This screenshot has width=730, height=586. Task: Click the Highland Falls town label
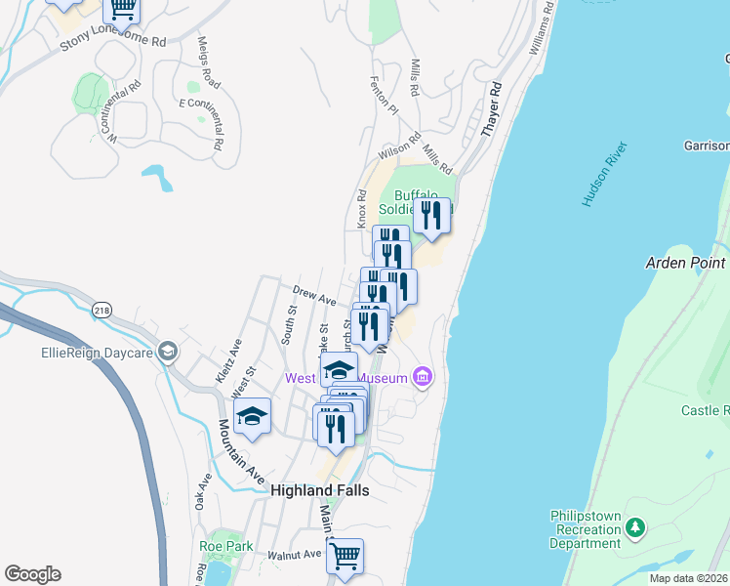[319, 490]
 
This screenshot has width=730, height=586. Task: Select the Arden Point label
[686, 263]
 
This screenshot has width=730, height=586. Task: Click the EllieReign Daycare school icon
[168, 352]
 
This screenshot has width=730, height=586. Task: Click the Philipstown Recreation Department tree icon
[636, 528]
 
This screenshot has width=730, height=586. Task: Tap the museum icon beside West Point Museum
[422, 377]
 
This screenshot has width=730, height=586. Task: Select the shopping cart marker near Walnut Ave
[345, 558]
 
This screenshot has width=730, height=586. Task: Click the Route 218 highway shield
[102, 310]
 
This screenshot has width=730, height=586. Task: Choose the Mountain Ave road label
[241, 452]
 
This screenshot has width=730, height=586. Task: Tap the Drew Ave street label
[314, 294]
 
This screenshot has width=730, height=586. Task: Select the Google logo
[32, 574]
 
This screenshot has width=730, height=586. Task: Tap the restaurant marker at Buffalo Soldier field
[431, 216]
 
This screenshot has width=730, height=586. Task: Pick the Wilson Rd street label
[398, 146]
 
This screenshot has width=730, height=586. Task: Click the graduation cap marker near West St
[252, 418]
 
